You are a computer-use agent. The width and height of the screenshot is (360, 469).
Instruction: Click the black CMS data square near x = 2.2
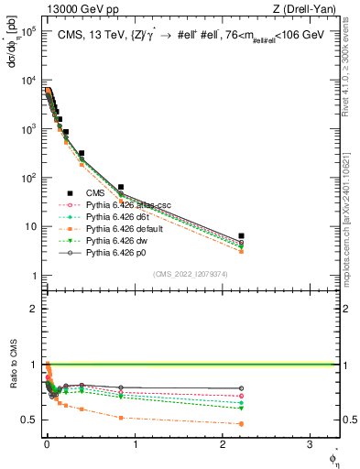[x=241, y=236]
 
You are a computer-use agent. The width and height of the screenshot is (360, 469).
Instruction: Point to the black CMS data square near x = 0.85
[x=121, y=187]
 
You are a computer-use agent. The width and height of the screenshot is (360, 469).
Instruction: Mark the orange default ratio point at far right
[x=241, y=423]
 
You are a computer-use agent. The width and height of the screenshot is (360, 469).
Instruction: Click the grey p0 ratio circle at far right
[x=241, y=388]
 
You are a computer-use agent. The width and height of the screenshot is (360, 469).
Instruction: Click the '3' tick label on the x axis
[x=309, y=446]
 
